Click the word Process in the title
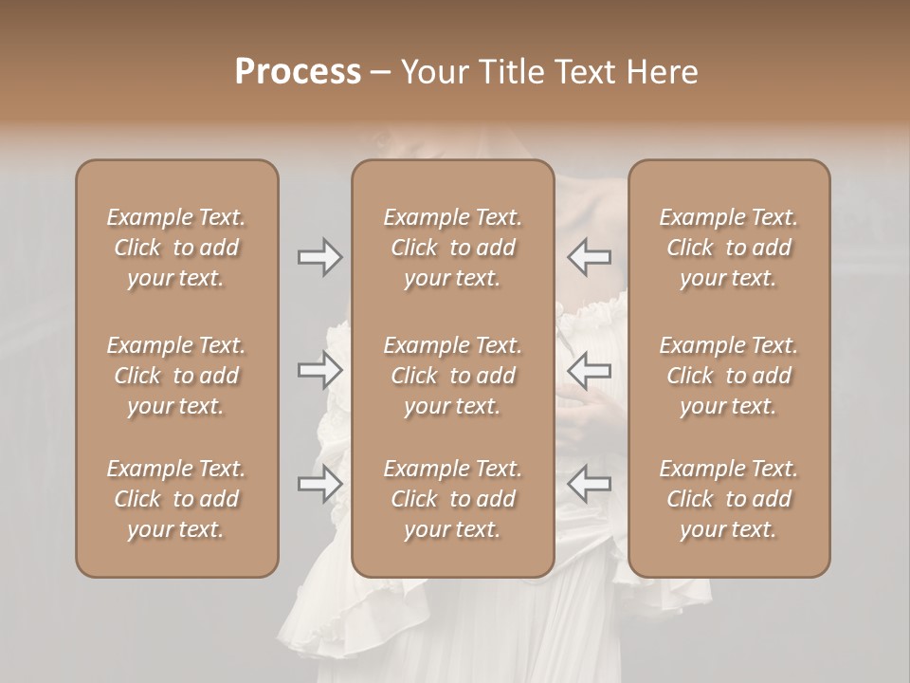point(298,72)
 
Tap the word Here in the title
point(663,72)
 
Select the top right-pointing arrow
point(319,257)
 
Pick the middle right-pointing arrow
point(319,371)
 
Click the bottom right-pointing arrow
point(319,485)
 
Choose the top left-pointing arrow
point(590,257)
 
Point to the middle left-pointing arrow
point(590,371)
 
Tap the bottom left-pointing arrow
point(590,485)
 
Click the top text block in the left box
point(176,248)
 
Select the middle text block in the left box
point(176,376)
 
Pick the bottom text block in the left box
point(176,499)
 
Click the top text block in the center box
point(452,248)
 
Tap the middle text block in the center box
point(452,376)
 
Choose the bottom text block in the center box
point(452,499)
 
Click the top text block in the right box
point(728,248)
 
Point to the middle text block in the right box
point(728,376)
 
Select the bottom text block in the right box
point(728,499)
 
